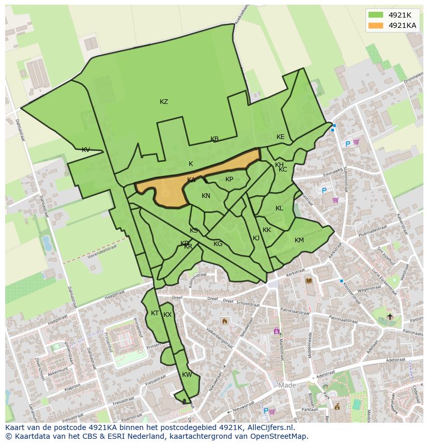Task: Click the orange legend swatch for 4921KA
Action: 376,25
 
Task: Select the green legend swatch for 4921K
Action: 376,15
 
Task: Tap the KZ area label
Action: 164,102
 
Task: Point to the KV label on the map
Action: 86,150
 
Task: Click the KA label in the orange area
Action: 191,180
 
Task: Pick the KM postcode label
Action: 299,240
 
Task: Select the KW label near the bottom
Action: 187,375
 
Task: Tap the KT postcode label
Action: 155,313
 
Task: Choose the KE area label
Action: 280,137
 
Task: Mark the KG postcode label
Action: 218,244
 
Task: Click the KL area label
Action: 279,208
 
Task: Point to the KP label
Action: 229,179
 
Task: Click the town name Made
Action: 287,386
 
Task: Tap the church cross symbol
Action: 390,316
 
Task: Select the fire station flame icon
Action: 224,321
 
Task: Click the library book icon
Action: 309,281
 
